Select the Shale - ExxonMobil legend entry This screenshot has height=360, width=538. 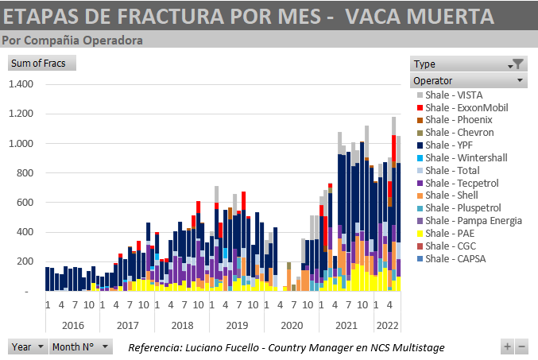point(466,107)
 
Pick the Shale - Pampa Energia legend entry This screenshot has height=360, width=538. point(474,220)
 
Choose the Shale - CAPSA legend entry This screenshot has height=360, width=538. point(456,258)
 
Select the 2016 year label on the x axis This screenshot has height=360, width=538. point(72,324)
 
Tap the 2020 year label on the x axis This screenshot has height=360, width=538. point(291,324)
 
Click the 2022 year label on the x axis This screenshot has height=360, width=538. point(387,324)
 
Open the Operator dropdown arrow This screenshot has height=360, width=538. point(519,80)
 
